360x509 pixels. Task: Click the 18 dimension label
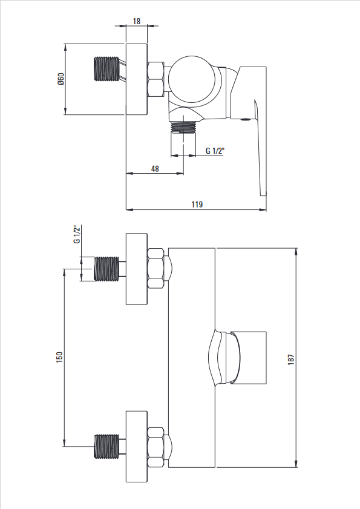coord(137,21)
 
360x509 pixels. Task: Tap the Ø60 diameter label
coord(61,79)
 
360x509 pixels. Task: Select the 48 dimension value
coord(155,169)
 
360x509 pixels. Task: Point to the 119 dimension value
coord(197,204)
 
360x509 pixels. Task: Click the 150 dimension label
coord(59,357)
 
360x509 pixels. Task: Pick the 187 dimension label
coord(291,360)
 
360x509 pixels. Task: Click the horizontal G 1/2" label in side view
coord(215,151)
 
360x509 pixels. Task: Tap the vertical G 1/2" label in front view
coord(77,234)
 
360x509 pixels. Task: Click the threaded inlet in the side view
coord(106,69)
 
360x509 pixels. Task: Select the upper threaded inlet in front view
coord(106,269)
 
